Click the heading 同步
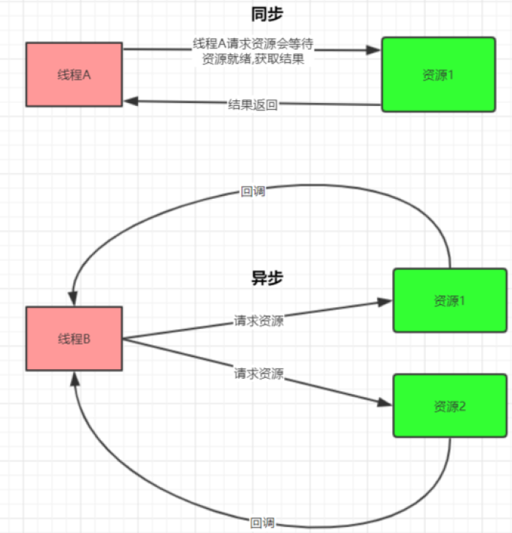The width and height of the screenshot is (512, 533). click(x=267, y=15)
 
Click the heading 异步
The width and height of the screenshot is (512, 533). click(x=267, y=278)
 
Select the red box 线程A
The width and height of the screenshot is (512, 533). click(x=74, y=75)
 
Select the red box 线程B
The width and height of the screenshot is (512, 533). click(x=74, y=339)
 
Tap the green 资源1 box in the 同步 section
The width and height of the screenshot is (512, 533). click(x=438, y=75)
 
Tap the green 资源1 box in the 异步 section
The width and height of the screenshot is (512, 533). click(x=449, y=300)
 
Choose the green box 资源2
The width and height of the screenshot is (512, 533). click(x=449, y=406)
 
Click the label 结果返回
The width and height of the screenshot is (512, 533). click(x=253, y=104)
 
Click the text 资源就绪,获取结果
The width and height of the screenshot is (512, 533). click(x=253, y=59)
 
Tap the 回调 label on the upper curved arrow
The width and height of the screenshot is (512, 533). click(x=253, y=192)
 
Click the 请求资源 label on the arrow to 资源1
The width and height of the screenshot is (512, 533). click(x=259, y=320)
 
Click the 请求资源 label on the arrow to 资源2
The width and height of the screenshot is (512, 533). click(x=259, y=374)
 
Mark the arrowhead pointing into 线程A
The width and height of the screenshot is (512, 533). click(x=130, y=101)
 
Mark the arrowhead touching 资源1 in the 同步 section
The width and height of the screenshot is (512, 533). click(x=375, y=50)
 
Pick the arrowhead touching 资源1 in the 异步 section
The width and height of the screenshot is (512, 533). click(x=386, y=300)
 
